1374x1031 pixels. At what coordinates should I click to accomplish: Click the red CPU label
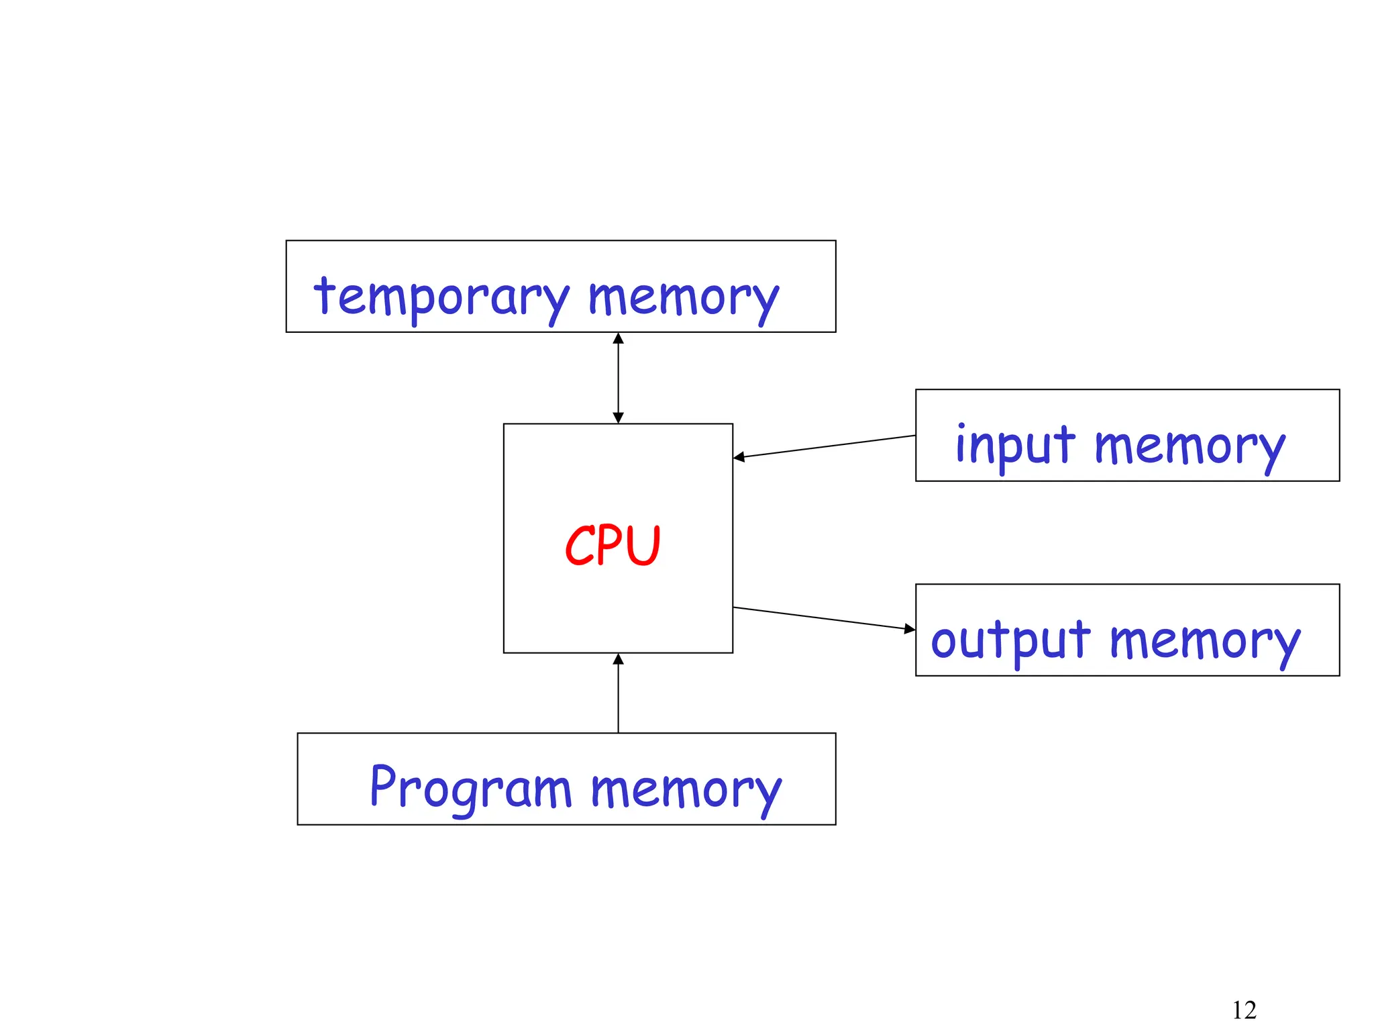(613, 545)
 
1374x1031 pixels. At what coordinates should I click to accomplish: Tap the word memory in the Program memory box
(686, 790)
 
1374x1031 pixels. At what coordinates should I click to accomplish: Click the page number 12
(1244, 1010)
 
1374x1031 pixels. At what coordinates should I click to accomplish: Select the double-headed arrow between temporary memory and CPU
(618, 378)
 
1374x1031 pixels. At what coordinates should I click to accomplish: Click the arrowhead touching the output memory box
(910, 629)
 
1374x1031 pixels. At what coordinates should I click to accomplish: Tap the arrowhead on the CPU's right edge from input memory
(739, 458)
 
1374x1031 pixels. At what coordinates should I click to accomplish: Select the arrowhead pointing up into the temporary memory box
(618, 338)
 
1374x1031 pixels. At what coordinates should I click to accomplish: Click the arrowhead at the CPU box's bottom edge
(618, 659)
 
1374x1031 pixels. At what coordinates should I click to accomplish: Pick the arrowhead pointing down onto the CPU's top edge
(618, 418)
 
